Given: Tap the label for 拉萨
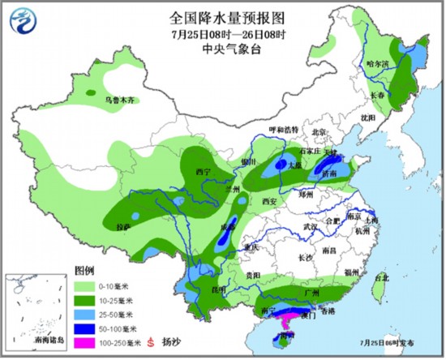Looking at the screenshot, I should click(x=123, y=227).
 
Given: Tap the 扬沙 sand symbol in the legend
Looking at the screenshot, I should click(x=150, y=342).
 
